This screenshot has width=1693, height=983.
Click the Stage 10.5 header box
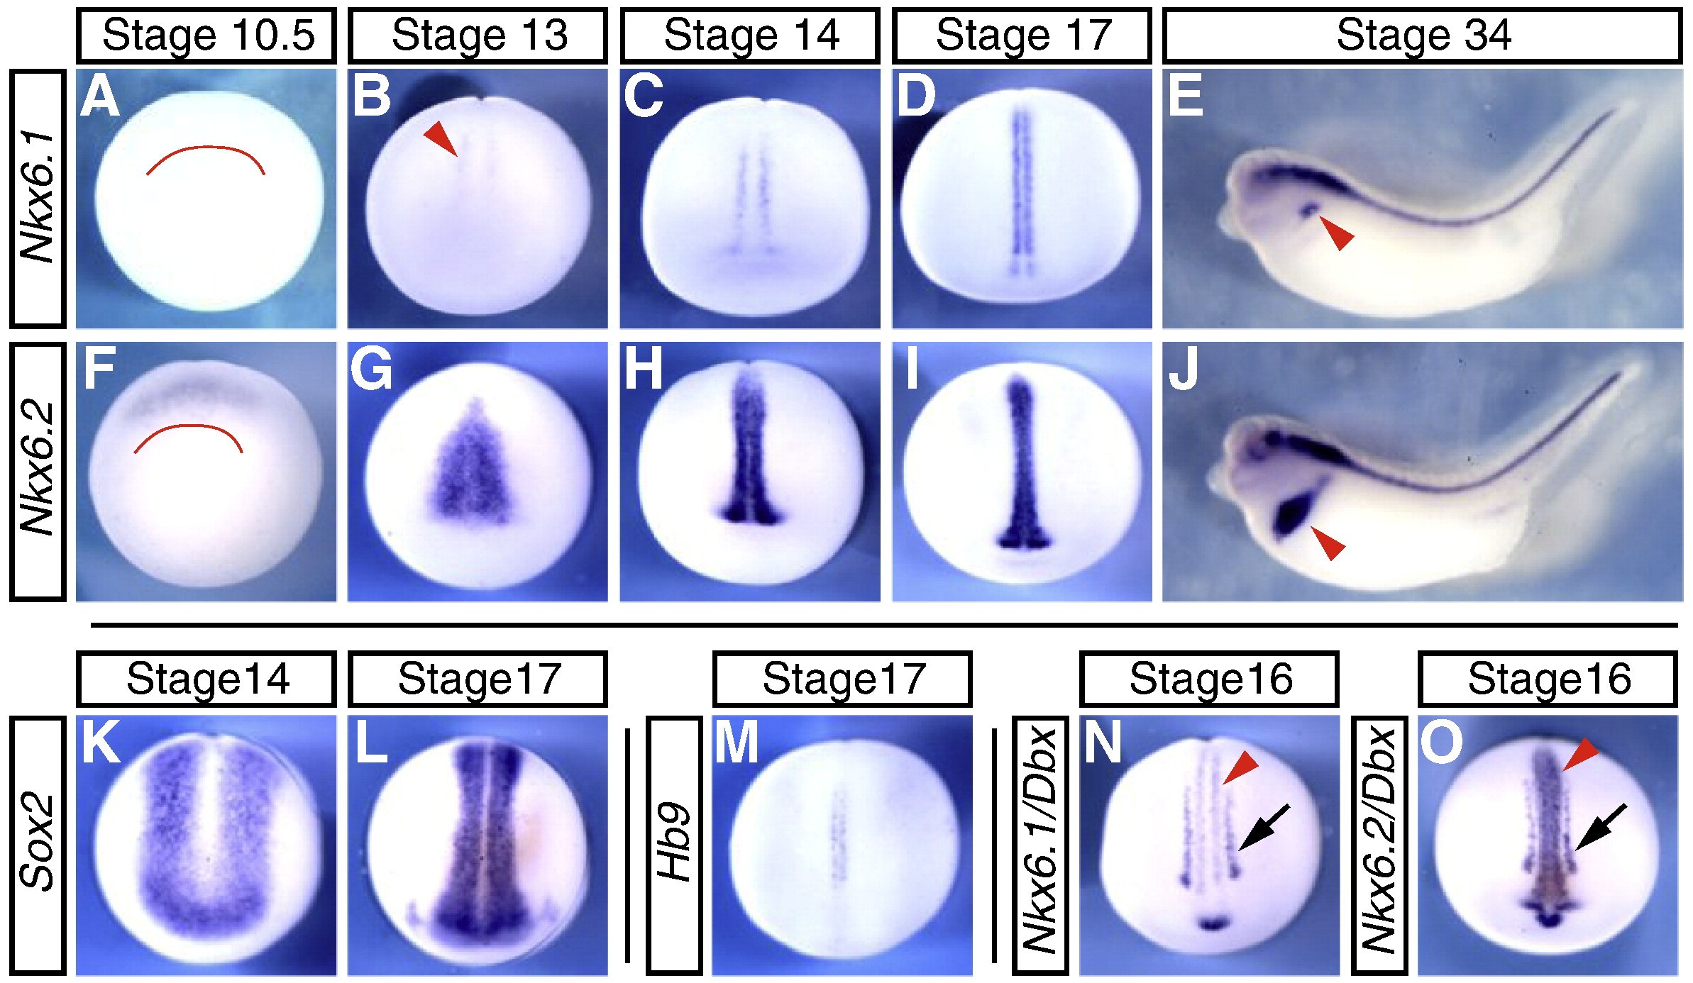(x=206, y=35)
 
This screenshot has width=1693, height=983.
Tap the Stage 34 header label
(x=1423, y=35)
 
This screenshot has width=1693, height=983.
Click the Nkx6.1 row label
(x=38, y=198)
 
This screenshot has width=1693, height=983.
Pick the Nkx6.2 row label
(x=38, y=471)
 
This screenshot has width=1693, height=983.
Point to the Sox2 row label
(x=38, y=845)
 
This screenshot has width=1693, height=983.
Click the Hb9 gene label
(x=674, y=845)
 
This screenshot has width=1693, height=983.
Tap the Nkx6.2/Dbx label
(x=1380, y=845)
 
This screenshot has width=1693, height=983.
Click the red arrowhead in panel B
(x=441, y=138)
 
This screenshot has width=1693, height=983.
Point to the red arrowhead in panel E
(x=1337, y=233)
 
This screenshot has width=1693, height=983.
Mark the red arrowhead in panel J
(x=1328, y=543)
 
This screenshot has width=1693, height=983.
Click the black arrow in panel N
(x=1264, y=828)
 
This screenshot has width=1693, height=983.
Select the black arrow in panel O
(x=1601, y=827)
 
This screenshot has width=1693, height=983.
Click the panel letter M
(x=737, y=743)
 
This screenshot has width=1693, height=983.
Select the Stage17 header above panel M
(x=842, y=679)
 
